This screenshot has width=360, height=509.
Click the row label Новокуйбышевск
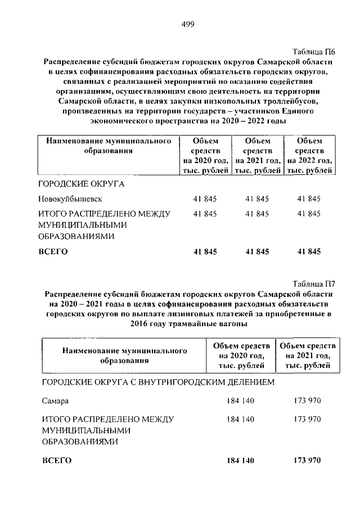pos(70,199)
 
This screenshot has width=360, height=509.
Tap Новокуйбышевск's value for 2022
pos(309,199)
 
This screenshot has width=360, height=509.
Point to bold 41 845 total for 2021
pos(256,251)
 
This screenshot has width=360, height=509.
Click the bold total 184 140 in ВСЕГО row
pos(240,461)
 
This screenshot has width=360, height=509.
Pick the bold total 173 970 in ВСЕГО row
pos(307,461)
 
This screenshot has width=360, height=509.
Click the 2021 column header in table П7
pos(308,355)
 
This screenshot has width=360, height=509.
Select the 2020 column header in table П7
pos(241,355)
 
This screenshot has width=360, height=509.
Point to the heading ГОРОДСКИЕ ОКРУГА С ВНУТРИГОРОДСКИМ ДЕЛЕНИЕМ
pos(158,382)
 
